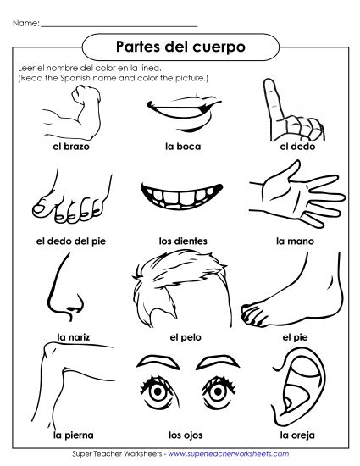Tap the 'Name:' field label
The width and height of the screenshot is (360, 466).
coord(26,24)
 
